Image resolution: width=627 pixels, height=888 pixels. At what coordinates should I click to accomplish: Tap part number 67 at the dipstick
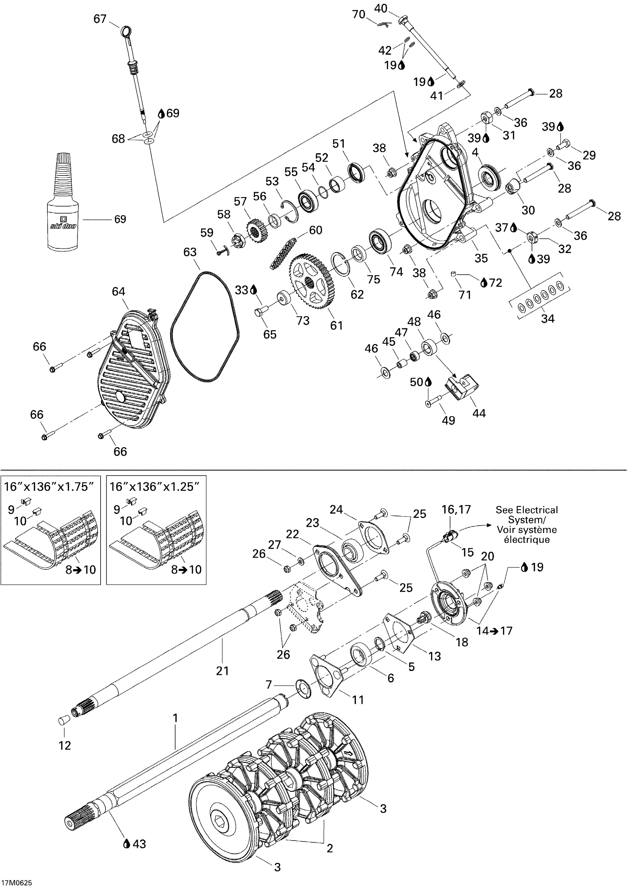pos(100,19)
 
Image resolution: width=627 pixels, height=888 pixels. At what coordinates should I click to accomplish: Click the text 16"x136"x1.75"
pos(49,487)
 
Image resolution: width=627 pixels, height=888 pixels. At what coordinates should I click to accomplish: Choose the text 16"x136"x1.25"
pos(155,487)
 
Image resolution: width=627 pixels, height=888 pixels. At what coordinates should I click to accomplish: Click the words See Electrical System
pos(526,514)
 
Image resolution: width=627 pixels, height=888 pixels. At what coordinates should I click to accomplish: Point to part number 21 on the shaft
pos(222,670)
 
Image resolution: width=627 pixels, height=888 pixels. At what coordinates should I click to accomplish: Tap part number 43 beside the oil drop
pos(139,844)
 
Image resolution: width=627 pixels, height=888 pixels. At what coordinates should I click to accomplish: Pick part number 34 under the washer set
pos(547,319)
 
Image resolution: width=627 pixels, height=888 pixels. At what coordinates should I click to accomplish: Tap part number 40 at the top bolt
pos(381,8)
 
